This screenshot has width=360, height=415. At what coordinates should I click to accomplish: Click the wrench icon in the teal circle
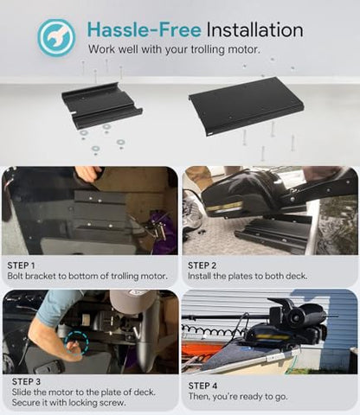tap(55, 37)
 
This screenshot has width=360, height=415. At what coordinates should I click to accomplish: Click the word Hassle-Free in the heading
tap(145, 29)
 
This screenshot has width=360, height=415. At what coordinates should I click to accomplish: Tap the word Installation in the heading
tap(254, 29)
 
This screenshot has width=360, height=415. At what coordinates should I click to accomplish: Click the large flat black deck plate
tap(246, 105)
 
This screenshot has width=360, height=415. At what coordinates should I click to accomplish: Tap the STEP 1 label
tap(21, 265)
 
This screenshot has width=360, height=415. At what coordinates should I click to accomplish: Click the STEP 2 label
tap(202, 265)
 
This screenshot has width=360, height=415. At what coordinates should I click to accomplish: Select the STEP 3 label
tap(26, 381)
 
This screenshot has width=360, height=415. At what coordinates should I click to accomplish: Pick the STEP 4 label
tap(202, 386)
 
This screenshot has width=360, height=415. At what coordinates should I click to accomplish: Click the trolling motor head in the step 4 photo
tap(297, 316)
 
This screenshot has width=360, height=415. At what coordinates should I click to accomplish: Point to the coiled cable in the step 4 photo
tap(214, 330)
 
